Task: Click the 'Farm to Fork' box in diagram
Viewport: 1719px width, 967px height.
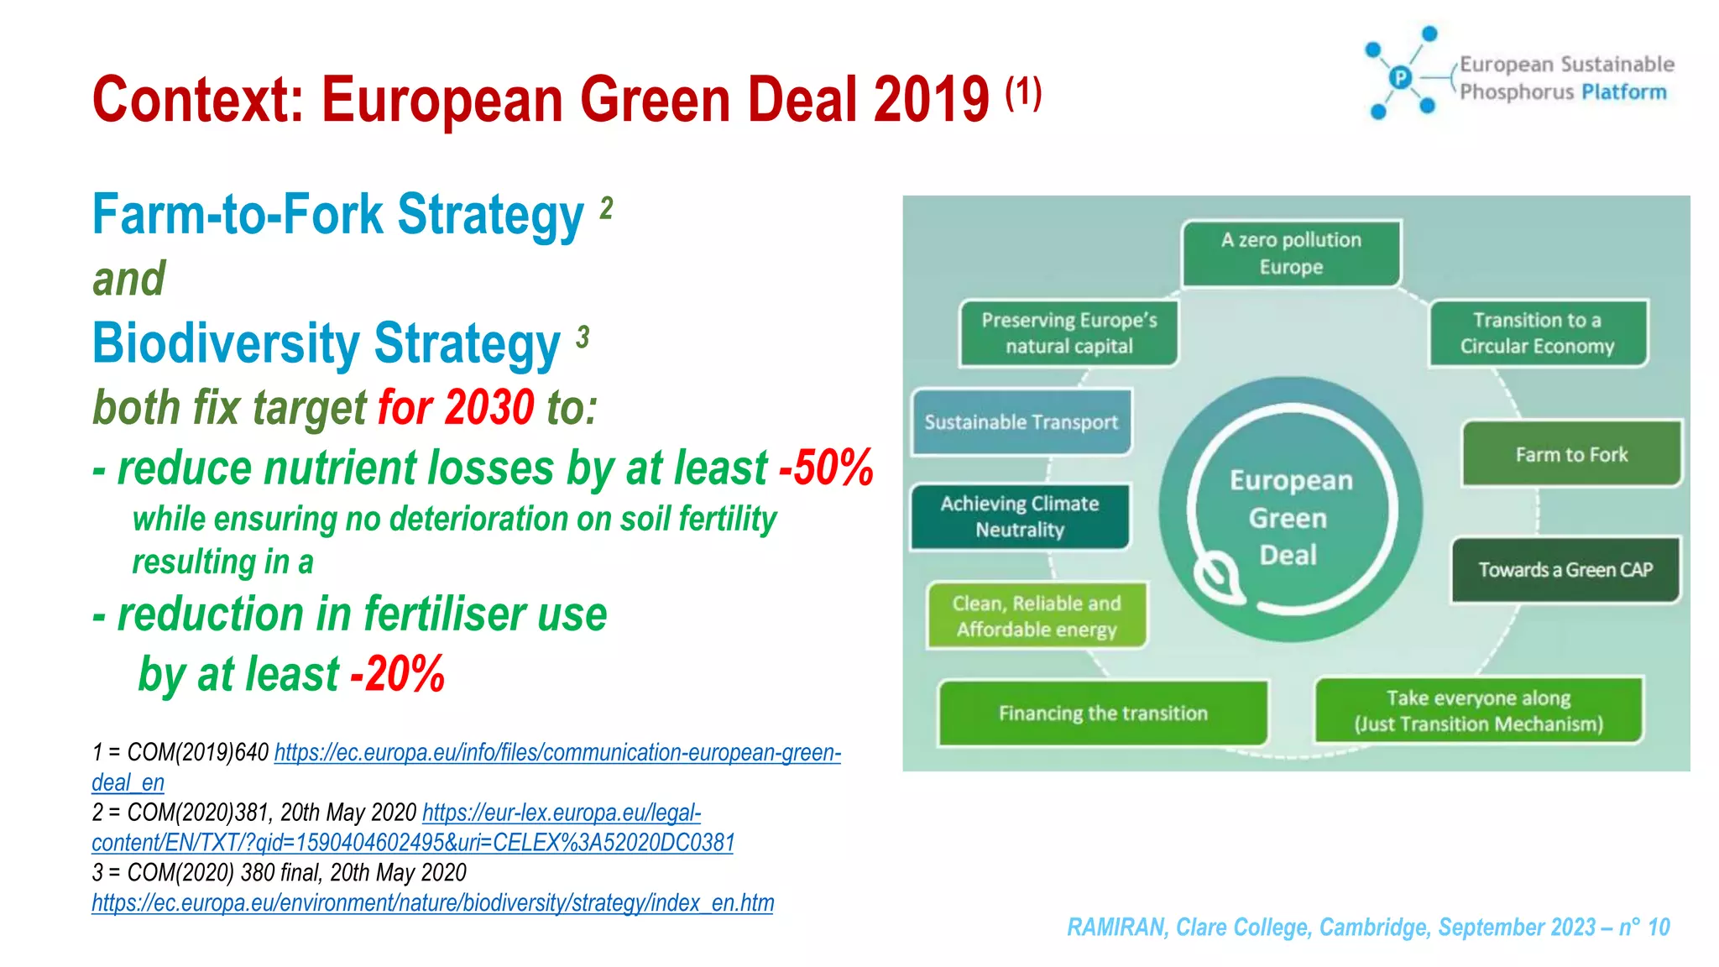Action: pos(1571,454)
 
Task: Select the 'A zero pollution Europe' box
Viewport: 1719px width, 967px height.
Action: pos(1291,254)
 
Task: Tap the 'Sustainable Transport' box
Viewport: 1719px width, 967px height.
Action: pos(1021,422)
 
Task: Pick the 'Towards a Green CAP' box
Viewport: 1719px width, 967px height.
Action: pos(1565,570)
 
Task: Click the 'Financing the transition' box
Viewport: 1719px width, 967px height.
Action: pos(1103,713)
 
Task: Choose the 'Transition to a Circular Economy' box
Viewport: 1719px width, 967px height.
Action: pos(1538,333)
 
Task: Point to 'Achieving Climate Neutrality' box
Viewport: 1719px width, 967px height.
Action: pos(1020,516)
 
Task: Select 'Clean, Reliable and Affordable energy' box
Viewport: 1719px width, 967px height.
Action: pos(1037,616)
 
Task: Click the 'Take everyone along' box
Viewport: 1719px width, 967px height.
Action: pos(1478,711)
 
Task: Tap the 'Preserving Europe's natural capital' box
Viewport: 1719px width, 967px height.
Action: pos(1068,333)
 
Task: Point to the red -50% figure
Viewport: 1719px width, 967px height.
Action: pos(827,468)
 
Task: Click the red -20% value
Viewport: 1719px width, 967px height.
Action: pos(398,674)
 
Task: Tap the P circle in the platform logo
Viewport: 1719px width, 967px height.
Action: pos(1400,77)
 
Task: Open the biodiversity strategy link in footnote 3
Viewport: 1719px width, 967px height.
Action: pos(432,903)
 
